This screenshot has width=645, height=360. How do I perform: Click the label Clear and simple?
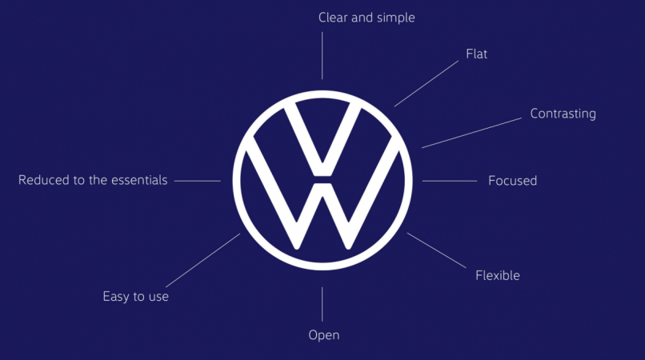(x=367, y=18)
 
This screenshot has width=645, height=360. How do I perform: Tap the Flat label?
(x=476, y=54)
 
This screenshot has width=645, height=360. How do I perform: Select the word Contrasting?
(x=563, y=114)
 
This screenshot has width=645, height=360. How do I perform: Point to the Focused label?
(x=512, y=181)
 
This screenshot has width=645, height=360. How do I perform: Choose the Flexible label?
(x=497, y=275)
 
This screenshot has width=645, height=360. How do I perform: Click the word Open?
(x=324, y=335)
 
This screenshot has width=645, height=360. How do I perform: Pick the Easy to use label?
(x=136, y=297)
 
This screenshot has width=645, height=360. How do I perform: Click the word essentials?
(x=139, y=180)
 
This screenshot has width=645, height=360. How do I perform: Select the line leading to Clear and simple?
(x=322, y=55)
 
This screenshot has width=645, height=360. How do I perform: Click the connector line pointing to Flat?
(x=427, y=84)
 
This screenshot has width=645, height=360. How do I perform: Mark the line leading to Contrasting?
(x=471, y=133)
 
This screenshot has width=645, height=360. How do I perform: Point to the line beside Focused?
(x=449, y=181)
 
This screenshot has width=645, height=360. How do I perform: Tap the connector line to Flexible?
(x=436, y=250)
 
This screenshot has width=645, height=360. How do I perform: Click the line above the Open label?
(x=322, y=304)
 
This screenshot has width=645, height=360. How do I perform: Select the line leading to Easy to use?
(x=202, y=261)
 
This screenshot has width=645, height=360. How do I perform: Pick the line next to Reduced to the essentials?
(x=198, y=181)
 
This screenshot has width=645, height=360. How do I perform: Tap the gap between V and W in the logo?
(x=322, y=180)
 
